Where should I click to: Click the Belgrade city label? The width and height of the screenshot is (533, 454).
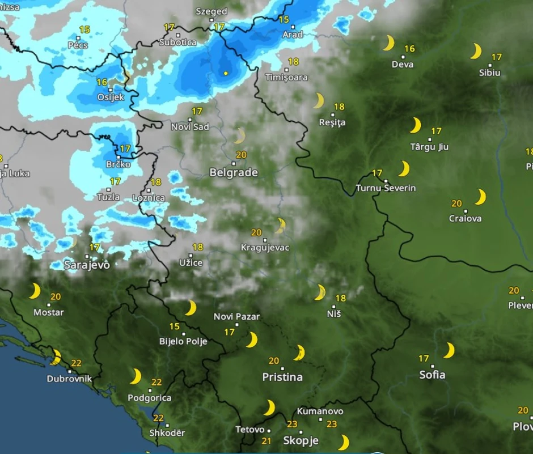(234, 173)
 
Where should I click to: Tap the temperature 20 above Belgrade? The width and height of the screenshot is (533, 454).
(241, 155)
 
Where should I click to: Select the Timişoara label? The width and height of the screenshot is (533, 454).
(286, 78)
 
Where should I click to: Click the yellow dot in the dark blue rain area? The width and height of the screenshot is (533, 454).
(226, 73)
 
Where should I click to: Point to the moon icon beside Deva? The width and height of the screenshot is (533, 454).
(388, 43)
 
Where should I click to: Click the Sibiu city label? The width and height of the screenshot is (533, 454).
(490, 73)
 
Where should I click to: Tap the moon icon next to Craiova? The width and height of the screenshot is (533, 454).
(480, 197)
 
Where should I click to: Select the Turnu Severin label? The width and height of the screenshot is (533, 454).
(386, 188)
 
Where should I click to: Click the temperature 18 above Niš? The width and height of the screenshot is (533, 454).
(341, 298)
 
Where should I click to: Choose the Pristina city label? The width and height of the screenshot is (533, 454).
(282, 377)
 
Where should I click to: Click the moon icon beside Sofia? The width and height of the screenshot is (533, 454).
(449, 350)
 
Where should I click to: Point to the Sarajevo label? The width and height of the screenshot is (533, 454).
(87, 265)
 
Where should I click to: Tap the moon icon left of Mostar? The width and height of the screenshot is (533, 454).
(35, 291)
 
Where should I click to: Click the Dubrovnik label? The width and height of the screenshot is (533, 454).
(69, 379)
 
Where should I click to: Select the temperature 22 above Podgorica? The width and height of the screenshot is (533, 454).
(156, 383)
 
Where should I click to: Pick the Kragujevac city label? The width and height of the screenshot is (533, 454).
(265, 248)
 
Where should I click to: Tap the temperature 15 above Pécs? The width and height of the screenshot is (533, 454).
(84, 29)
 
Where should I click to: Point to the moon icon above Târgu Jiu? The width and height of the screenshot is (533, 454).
(416, 125)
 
